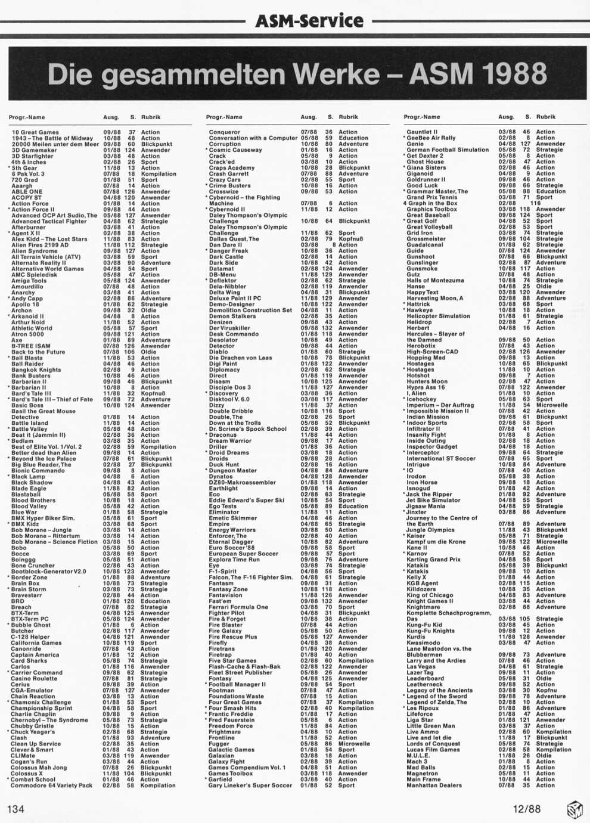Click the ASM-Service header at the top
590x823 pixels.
tap(309, 21)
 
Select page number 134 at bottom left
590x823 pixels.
tap(15, 809)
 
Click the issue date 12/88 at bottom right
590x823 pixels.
tap(527, 809)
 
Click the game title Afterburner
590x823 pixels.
tap(28, 227)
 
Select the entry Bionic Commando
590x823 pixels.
tap(37, 471)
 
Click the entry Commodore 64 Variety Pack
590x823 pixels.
tap(52, 785)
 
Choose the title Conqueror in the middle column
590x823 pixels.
tap(225, 132)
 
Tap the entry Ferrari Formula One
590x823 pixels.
tap(238, 607)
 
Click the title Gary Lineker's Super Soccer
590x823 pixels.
tap(250, 785)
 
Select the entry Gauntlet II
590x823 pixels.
tap(422, 132)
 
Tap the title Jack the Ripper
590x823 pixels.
tap(429, 495)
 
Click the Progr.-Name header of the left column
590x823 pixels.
tap(27, 117)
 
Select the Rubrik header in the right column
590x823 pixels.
tap(545, 117)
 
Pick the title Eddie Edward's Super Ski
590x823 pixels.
tap(246, 501)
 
